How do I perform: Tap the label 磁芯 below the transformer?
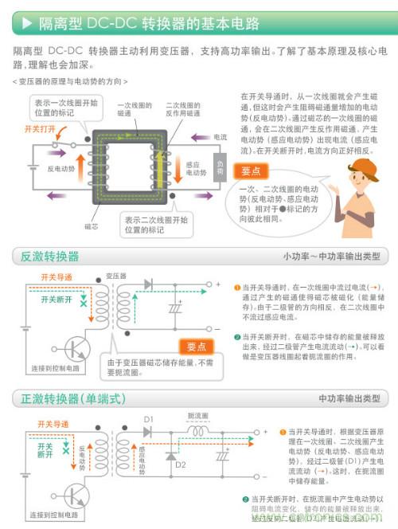[92, 226]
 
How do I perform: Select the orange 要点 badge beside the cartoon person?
[253, 170]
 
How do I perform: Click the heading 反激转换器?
[50, 257]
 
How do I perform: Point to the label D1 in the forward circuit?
[148, 418]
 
